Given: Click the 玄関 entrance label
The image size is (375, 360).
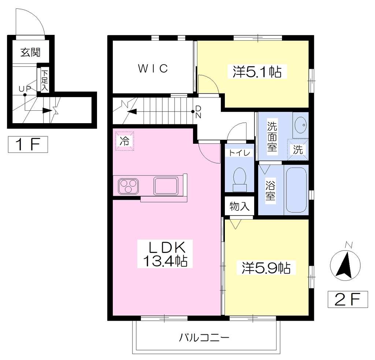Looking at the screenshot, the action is pos(30,52).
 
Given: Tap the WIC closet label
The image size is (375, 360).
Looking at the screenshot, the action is pos(153,69).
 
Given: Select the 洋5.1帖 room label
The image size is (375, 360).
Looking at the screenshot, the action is pos(257,71).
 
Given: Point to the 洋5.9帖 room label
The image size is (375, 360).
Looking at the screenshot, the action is pos(266,268).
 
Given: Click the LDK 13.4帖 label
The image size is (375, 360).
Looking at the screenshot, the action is pos(165,254).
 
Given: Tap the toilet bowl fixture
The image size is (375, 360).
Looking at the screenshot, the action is pos(240,180).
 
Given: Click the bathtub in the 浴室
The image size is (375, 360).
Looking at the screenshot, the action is pos(296,190).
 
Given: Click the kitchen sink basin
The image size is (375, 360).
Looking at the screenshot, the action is pos(166,186).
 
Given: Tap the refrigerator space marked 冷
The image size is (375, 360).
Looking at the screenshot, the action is pos(125,141).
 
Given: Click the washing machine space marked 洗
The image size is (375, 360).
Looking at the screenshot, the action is pos(298,150).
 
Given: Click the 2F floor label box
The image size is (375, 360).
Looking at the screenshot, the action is pos(348,300).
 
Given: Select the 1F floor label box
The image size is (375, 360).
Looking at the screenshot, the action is pos(28,144).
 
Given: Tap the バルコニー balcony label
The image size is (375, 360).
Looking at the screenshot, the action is pos(204,338).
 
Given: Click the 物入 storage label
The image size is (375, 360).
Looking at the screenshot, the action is pos(240,206).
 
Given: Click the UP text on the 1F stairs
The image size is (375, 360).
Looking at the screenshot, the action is pos(25,89).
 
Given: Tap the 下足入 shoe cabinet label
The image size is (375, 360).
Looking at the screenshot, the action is pos(45,80).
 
